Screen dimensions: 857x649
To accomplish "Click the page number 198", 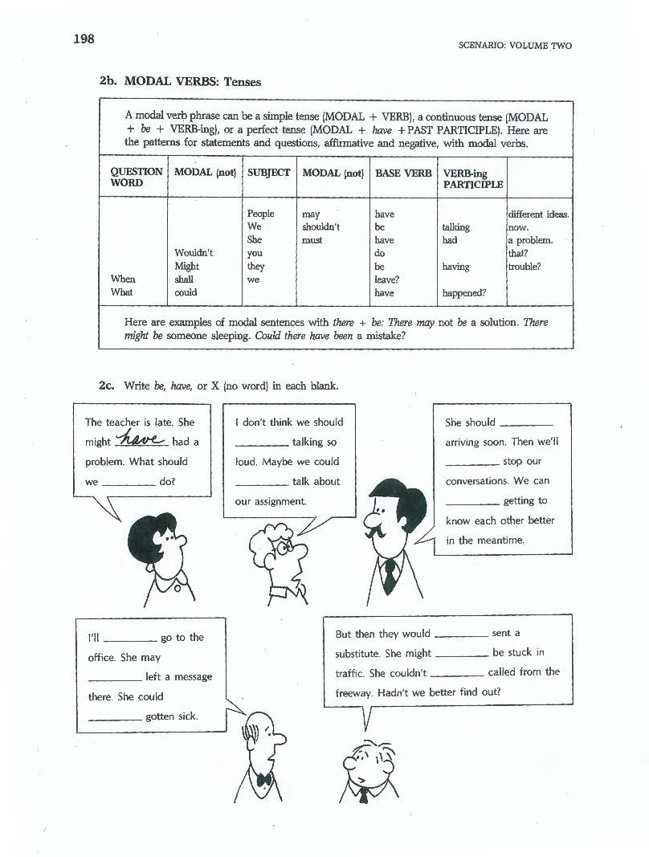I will coord(84,39).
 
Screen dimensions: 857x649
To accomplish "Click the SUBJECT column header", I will coord(268,173).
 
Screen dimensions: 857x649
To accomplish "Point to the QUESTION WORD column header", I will coord(136,178).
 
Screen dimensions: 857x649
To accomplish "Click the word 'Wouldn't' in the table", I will coord(194,253).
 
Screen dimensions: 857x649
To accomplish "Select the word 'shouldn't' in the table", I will coord(320,227).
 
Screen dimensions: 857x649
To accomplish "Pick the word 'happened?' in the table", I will coord(464,293).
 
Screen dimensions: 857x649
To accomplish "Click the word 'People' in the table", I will coord(261,214).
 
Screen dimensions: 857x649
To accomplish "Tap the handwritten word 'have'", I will coord(141,439).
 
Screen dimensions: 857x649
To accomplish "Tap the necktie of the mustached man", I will coord(390,574).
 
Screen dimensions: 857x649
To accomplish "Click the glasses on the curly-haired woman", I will coord(288,545).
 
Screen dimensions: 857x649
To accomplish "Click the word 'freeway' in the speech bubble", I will coord(353,692).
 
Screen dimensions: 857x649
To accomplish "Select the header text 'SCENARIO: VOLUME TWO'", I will coord(514,46).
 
